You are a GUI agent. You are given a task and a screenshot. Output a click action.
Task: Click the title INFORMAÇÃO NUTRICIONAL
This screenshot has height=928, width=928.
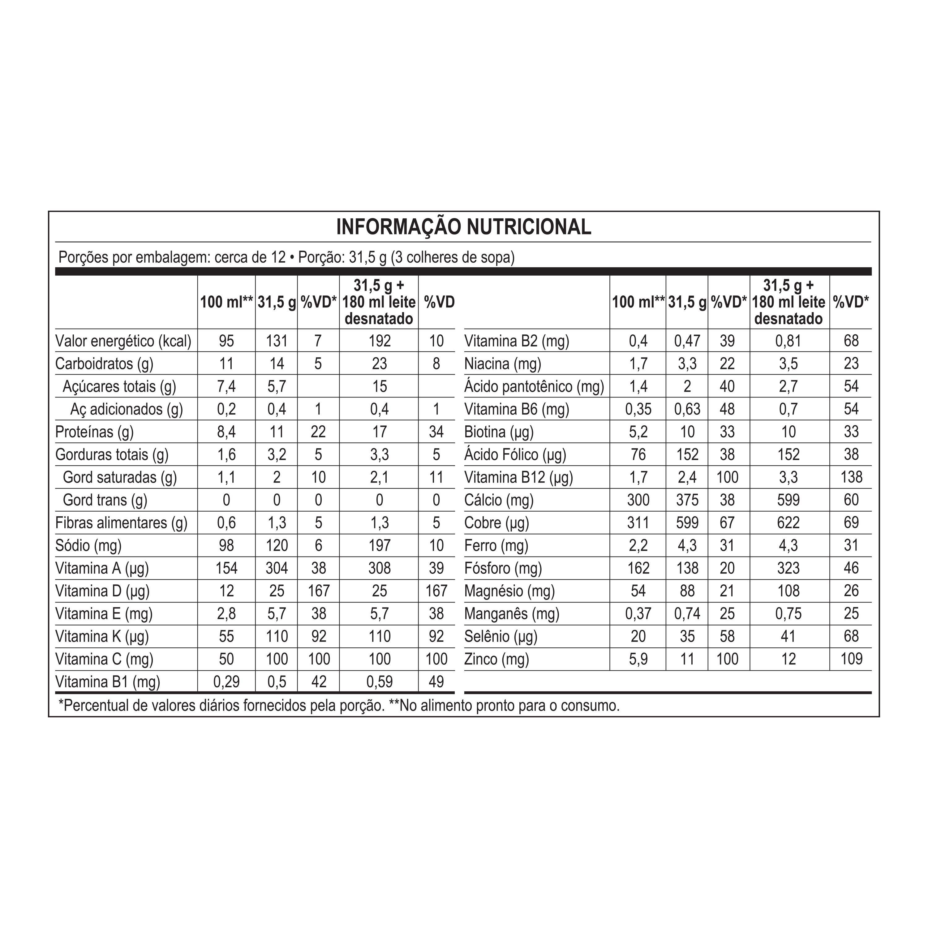coord(463,227)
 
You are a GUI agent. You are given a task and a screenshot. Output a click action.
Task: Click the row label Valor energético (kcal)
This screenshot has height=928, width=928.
coord(123,341)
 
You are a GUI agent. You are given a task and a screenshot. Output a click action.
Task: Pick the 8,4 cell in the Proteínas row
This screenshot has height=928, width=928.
coord(226,432)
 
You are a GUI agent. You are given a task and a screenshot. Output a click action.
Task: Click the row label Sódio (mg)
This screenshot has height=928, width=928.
coord(88,546)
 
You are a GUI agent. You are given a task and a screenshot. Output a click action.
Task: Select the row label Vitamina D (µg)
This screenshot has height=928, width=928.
coord(102,591)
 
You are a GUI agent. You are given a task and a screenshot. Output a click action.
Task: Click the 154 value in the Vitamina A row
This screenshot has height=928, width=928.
coord(226,568)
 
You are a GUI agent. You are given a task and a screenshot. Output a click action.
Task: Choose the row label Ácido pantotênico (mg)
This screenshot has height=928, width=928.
coord(534,387)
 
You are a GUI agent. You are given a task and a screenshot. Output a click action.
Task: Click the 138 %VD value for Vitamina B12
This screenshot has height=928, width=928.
coord(851,477)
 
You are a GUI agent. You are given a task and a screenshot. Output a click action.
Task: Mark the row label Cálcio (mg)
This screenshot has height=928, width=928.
coord(499,500)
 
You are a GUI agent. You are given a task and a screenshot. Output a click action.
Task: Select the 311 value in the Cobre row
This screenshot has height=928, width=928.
coord(638,522)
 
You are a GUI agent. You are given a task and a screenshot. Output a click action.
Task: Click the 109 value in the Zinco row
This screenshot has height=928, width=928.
coord(851,659)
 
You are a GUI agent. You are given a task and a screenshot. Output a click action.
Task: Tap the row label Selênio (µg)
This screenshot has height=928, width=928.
coord(501,636)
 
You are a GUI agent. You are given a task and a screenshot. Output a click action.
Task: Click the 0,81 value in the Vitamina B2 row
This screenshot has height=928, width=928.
coord(788,341)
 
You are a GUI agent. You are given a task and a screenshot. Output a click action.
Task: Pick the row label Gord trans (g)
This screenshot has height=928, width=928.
coord(105,500)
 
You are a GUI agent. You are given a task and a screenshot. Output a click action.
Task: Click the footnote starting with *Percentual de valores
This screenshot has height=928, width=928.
coord(339,706)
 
